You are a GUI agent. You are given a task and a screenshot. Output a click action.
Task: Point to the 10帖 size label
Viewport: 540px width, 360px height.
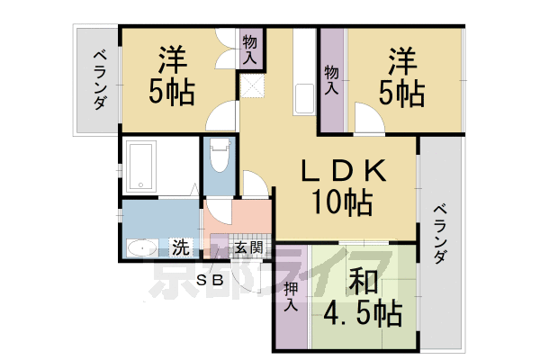point(342,204)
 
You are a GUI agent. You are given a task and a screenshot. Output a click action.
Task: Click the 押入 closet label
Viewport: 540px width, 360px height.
point(291,297)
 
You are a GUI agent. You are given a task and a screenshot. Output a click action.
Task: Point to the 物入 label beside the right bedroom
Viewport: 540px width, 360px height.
point(331,80)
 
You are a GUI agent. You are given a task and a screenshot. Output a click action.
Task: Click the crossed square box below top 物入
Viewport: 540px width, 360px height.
point(250,87)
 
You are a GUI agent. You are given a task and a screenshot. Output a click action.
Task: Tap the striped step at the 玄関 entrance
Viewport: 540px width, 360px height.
point(220,246)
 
